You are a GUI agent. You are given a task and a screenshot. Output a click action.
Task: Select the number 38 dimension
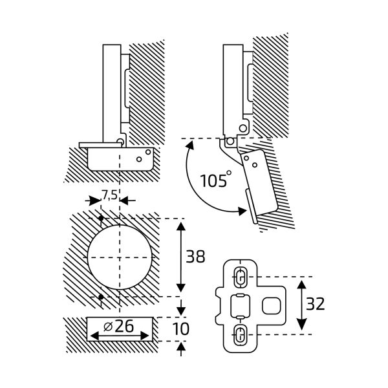(x=195, y=257)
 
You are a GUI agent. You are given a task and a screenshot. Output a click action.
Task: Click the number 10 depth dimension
(x=182, y=329)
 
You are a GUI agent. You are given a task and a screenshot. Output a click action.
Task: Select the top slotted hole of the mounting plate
(x=239, y=277)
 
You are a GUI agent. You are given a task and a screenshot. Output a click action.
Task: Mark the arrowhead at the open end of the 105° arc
(x=244, y=210)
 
